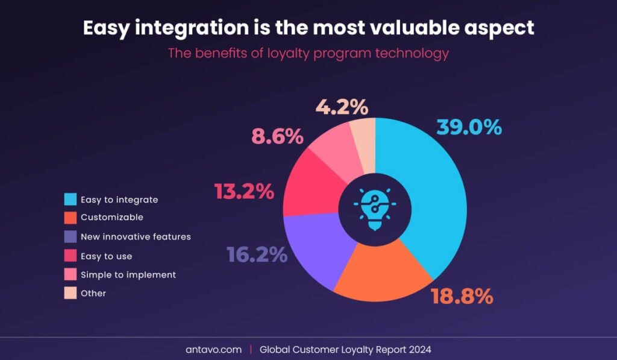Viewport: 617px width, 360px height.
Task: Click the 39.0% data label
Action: click(469, 127)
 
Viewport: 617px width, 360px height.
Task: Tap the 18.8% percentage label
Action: click(462, 296)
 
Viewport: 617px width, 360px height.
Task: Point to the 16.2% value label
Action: click(257, 254)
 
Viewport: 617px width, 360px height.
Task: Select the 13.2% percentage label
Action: click(244, 191)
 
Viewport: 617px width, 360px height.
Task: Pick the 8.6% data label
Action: click(277, 136)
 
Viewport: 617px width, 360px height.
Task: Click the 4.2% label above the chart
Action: click(342, 107)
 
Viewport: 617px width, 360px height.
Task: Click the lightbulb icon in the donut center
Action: click(375, 209)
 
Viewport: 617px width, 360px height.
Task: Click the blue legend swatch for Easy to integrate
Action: click(70, 200)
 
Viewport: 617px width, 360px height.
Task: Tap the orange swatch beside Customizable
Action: click(70, 218)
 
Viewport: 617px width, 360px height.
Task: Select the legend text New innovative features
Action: click(136, 237)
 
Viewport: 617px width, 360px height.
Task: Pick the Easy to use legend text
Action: click(106, 256)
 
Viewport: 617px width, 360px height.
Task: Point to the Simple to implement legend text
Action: click(128, 275)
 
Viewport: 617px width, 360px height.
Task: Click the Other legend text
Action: click(93, 293)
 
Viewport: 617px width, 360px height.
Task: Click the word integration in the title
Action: click(192, 28)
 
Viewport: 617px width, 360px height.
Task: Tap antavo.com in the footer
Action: click(214, 349)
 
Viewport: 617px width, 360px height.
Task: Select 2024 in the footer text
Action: click(420, 349)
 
